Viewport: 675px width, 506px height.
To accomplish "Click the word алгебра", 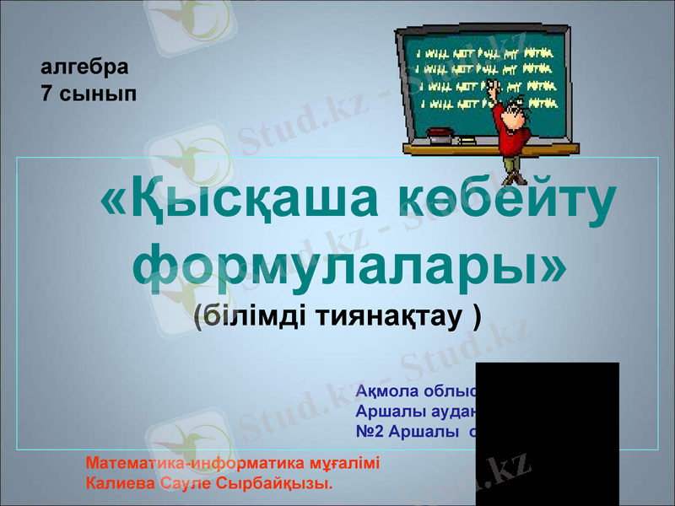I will click(85, 66).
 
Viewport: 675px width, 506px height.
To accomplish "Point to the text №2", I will click(369, 432).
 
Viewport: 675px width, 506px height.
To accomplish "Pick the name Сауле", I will click(185, 484).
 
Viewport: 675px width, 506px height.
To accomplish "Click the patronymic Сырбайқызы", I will click(274, 484).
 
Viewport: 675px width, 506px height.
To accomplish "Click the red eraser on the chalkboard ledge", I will click(439, 132).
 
